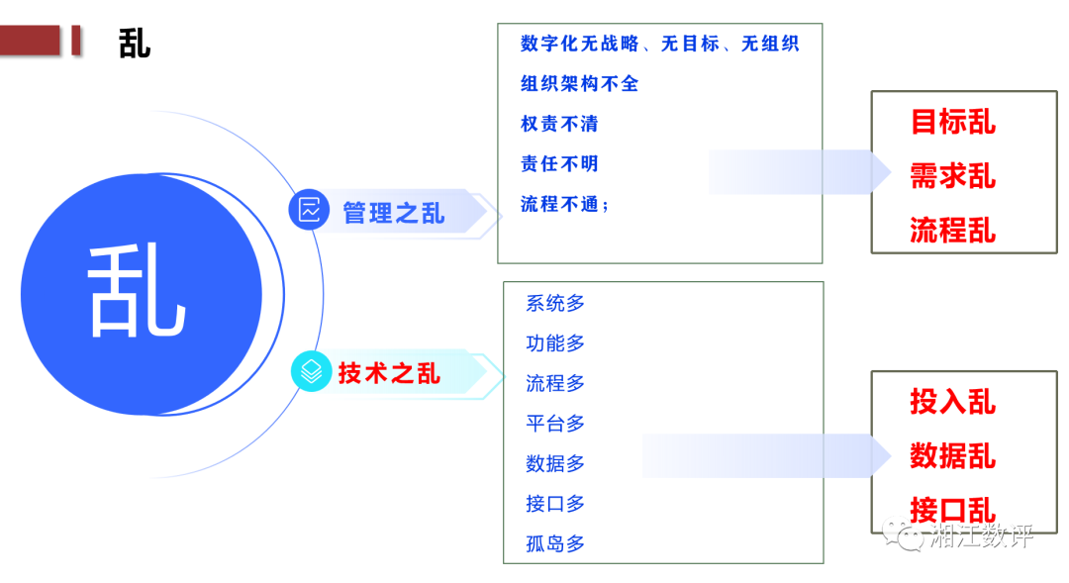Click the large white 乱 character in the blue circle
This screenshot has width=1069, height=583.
pos(138,292)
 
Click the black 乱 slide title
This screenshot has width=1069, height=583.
pos(135,44)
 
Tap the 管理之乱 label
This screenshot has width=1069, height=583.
pos(393,213)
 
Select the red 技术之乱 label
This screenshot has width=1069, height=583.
pos(389,373)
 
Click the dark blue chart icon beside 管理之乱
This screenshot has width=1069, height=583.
pos(309,210)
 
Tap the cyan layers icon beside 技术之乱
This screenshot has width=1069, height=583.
pos(311,371)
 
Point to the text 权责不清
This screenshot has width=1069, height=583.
pos(559,125)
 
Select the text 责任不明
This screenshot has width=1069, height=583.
pos(559,164)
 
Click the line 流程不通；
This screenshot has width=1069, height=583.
pos(565,205)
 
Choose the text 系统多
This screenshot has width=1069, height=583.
pos(555,303)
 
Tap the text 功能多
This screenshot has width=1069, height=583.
pos(555,343)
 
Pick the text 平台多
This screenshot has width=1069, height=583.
pos(555,424)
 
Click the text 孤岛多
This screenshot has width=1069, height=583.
pos(555,543)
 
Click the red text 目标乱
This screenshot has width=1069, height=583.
pos(952,123)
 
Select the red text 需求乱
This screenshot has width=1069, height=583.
pos(952,177)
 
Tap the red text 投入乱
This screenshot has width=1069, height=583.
pos(952,402)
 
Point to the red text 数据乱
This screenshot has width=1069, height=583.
pos(952,456)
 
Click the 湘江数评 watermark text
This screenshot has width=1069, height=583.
pos(982,536)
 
